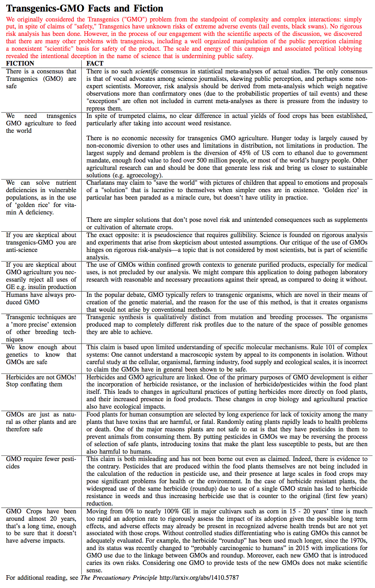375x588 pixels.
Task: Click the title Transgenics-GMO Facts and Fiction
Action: (85, 8)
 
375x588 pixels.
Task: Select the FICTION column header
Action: (20, 64)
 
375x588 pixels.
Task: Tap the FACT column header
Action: (95, 64)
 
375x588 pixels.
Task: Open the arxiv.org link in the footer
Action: (199, 578)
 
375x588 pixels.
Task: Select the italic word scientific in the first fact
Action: (146, 71)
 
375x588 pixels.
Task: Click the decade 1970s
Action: (357, 541)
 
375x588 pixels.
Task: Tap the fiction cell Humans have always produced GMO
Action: (41, 299)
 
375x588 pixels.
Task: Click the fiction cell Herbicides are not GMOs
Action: (41, 381)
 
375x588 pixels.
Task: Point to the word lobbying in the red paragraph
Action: (350, 49)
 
